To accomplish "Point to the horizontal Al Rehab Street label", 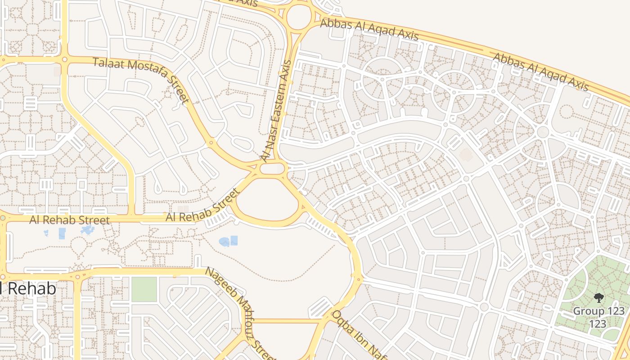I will point(69,220).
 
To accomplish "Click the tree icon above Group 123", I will point(598,297).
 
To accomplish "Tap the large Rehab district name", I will point(28,288).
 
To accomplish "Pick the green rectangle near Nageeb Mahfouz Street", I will point(144,289).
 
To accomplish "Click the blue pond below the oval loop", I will point(229,242).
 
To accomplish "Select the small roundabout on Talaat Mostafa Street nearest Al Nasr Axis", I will point(210,144).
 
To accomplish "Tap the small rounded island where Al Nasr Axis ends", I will point(273,169).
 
